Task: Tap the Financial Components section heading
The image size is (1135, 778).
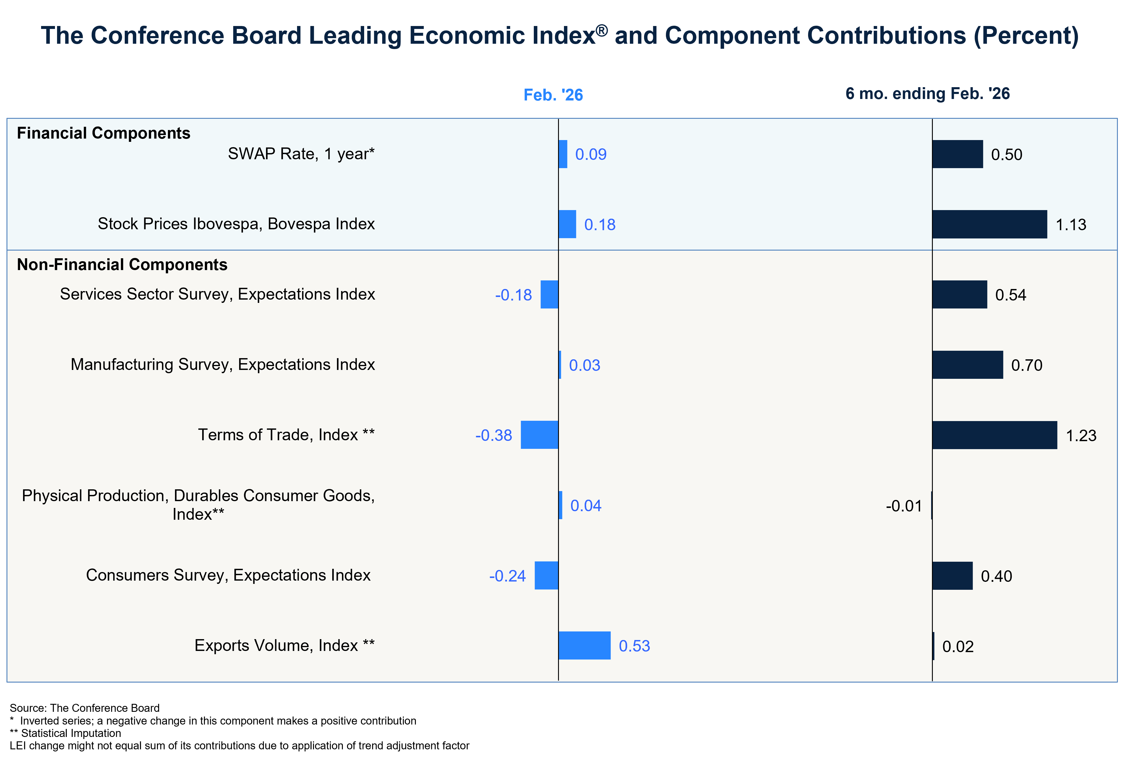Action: point(103,133)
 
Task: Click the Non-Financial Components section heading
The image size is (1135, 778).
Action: point(122,264)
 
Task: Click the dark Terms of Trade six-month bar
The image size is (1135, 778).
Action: point(994,435)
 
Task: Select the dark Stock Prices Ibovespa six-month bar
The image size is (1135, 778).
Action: point(990,225)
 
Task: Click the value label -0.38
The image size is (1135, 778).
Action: point(494,435)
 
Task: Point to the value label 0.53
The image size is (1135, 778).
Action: point(634,646)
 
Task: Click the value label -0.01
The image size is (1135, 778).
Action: point(904,506)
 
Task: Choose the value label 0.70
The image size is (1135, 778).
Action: point(1027,366)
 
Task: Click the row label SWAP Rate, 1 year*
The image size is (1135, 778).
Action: point(301,154)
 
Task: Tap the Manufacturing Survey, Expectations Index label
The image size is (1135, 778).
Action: point(223,365)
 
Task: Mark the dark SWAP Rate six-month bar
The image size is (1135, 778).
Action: point(957,154)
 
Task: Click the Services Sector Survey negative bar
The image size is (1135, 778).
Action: point(549,294)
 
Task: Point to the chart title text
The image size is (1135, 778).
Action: point(560,36)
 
